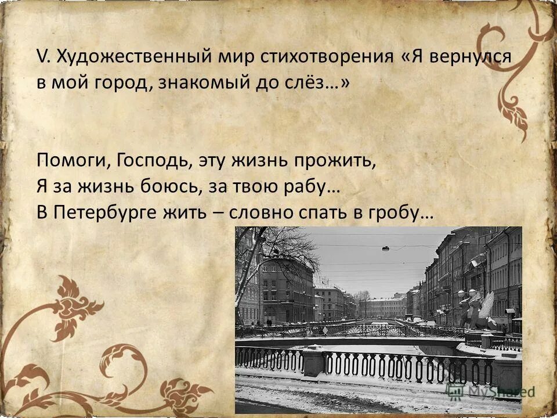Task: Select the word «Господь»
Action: point(152,161)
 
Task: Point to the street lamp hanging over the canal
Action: point(386,248)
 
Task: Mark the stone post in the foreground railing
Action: point(313,361)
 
